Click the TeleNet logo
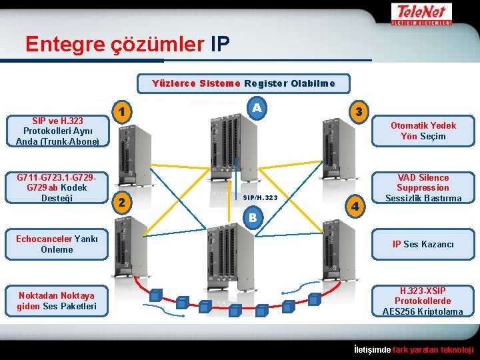click(x=423, y=13)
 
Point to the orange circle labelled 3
click(x=359, y=111)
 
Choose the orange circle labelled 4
click(x=358, y=206)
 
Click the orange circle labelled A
click(x=257, y=107)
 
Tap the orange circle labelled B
click(x=253, y=217)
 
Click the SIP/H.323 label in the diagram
click(x=260, y=198)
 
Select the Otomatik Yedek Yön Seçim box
click(x=423, y=131)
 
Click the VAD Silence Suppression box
click(x=423, y=188)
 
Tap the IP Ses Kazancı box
click(x=423, y=244)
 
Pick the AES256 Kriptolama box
click(x=423, y=301)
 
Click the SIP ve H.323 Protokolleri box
click(x=57, y=131)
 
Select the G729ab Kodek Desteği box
click(x=57, y=188)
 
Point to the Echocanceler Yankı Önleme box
click(x=57, y=244)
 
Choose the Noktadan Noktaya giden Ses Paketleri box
click(x=57, y=301)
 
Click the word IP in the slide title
click(x=220, y=44)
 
